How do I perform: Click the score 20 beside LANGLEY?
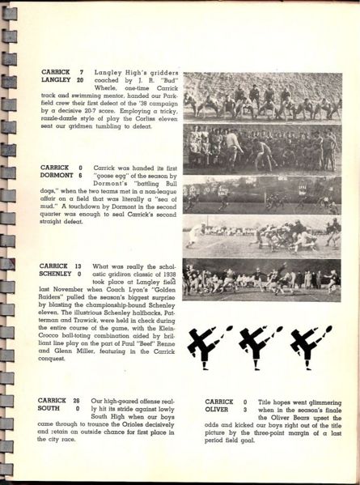80,80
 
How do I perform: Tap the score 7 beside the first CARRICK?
80,71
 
